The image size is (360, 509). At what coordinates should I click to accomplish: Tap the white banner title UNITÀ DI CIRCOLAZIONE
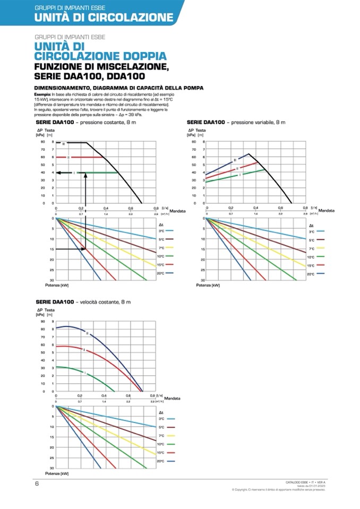point(104,18)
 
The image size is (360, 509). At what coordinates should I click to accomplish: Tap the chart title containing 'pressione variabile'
point(236,123)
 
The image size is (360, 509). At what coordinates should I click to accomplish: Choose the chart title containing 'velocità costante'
point(82,302)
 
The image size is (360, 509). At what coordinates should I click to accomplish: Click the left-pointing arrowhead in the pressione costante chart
point(59,172)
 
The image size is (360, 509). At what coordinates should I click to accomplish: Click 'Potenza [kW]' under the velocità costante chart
point(57,473)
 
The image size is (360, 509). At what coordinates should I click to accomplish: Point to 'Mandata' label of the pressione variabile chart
point(327,211)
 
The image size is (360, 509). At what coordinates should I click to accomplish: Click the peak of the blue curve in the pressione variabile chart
point(248,154)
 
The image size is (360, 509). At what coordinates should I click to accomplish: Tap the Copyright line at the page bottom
point(278,490)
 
